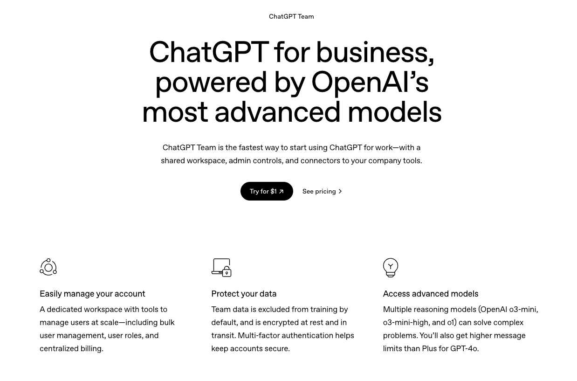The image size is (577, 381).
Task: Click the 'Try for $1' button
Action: point(267,191)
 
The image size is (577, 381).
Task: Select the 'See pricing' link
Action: point(322,191)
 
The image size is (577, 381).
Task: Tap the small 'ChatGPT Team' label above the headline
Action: point(291,16)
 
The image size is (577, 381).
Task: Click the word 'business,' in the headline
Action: point(375,52)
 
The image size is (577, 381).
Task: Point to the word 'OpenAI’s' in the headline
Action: point(370,82)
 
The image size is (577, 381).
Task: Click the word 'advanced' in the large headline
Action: point(277,112)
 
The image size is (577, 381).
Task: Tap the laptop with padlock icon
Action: point(221,268)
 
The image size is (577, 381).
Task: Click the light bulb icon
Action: point(391,268)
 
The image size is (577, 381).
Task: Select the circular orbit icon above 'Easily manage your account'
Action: point(48,267)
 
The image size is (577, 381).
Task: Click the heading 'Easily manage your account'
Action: point(92,294)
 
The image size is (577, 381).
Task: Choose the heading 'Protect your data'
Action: point(244,294)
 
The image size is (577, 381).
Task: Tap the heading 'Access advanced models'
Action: point(431,294)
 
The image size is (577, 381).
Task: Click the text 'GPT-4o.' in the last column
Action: point(464,348)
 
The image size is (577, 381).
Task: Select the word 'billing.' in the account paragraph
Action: point(92,348)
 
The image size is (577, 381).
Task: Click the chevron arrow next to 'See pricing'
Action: point(340,191)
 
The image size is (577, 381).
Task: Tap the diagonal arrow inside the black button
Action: point(282,191)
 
